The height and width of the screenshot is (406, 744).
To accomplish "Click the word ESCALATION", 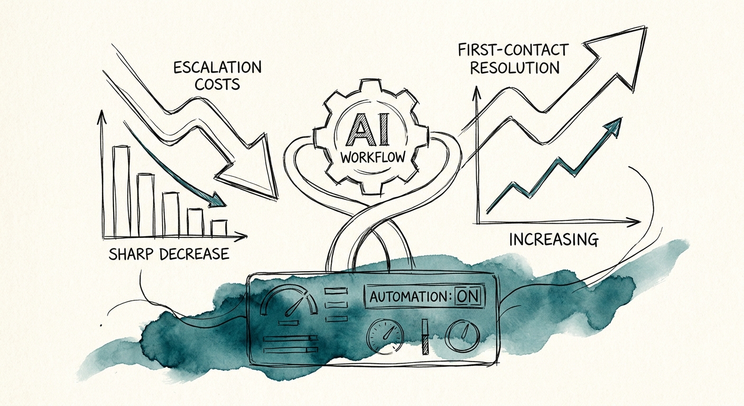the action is click(x=218, y=68).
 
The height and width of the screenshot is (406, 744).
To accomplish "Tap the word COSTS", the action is click(x=217, y=84).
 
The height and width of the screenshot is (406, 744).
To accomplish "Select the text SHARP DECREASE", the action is click(x=169, y=254).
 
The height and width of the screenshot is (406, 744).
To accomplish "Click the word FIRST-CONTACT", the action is click(x=513, y=51).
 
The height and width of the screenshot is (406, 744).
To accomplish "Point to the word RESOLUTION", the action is click(x=515, y=68).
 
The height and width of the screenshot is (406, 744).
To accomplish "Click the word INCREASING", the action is click(x=554, y=239).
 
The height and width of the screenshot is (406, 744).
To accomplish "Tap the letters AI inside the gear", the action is click(x=367, y=130).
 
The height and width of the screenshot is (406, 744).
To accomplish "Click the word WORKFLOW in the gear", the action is click(x=373, y=157).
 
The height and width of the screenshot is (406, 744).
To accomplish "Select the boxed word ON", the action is click(x=468, y=296).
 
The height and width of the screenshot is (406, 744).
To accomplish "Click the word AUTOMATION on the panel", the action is click(x=408, y=297).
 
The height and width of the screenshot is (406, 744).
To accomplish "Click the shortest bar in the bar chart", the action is click(x=219, y=228).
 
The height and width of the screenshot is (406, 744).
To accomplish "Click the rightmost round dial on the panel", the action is click(x=462, y=336).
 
